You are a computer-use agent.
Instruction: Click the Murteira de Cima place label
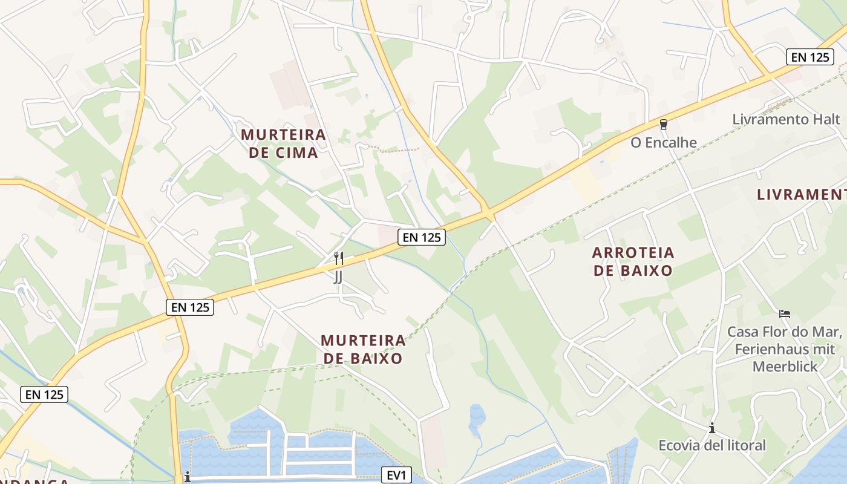coord(284,143)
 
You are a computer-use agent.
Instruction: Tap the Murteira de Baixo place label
coord(363,349)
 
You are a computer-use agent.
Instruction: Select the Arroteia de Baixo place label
coord(633,261)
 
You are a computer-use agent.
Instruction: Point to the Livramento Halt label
coord(786,119)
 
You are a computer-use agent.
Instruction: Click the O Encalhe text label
coord(664,143)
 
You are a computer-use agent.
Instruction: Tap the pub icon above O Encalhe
coord(664,125)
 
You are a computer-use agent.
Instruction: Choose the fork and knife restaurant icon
coord(339,259)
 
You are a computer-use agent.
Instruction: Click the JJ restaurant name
coord(338,277)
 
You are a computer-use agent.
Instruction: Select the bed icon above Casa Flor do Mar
coord(785,314)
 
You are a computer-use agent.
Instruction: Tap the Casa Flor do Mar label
coord(785,332)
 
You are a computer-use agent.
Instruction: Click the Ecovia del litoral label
coord(712,446)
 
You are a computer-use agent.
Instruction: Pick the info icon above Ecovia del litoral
coord(712,428)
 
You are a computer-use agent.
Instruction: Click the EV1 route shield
coord(396,475)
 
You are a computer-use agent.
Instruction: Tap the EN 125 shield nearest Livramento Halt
coord(810,57)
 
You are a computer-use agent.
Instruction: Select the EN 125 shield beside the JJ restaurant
coord(422,237)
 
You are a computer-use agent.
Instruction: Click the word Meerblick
coord(785,367)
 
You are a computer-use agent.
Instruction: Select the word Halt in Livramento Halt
coord(827,119)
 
